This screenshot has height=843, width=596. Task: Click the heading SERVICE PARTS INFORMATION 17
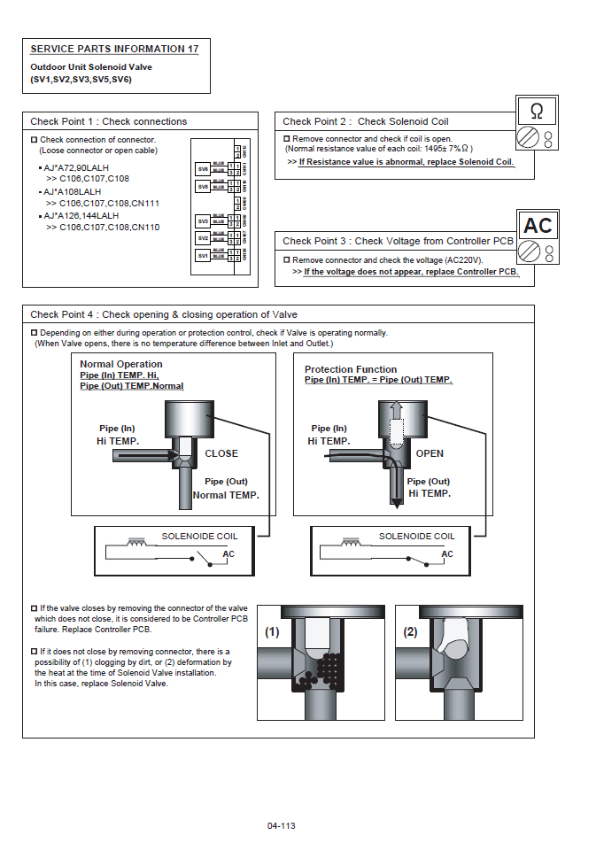coord(114,49)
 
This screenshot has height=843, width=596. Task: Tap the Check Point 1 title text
coord(109,121)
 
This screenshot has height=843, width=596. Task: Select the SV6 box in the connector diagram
coord(203,167)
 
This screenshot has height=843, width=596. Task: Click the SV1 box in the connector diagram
coord(203,256)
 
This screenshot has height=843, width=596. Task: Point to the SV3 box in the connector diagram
coord(203,220)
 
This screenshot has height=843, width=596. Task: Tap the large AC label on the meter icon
coord(538,226)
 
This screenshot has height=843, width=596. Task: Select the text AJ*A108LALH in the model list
coord(74,191)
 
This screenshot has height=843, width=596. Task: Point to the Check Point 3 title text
coord(398,241)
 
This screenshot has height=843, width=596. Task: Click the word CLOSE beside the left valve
coord(221,453)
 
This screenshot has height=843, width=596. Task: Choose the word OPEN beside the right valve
coord(430,453)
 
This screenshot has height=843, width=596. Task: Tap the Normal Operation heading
coord(121,364)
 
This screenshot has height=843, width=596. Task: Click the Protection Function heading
coord(351,369)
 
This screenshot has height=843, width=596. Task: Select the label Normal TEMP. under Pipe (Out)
coord(226,495)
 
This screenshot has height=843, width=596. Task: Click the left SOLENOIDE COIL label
coord(199,536)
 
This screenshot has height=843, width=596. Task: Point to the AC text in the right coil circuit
coord(447,554)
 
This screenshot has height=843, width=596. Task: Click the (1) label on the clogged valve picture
coord(272,633)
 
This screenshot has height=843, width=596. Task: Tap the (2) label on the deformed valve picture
coord(410,633)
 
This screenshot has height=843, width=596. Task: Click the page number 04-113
coord(281,825)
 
